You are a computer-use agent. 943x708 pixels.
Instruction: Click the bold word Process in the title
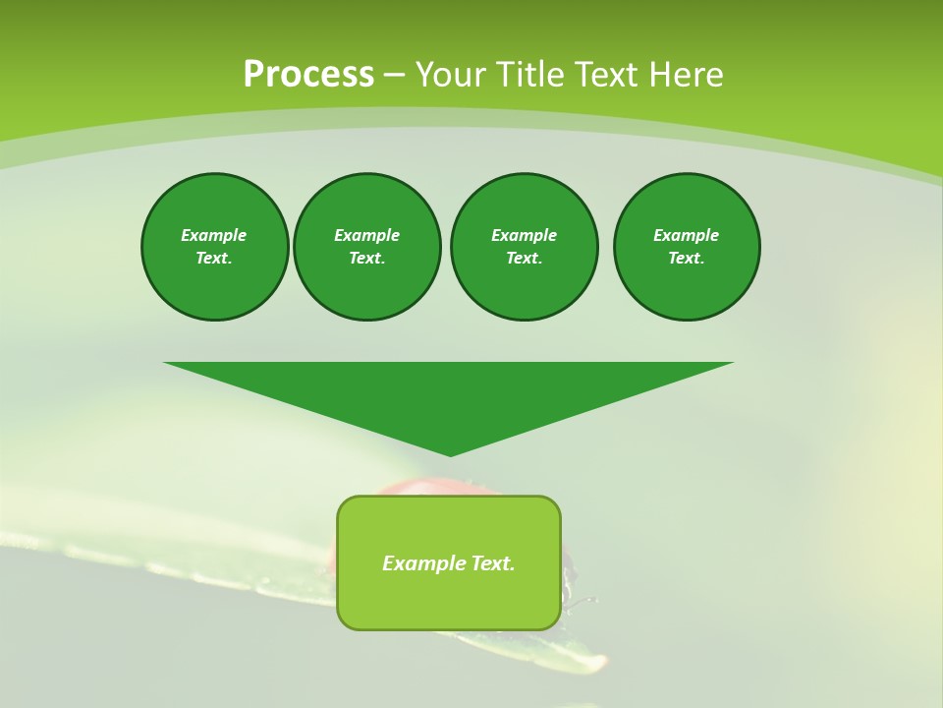[x=308, y=75]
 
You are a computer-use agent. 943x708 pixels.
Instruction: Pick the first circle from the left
[x=215, y=247]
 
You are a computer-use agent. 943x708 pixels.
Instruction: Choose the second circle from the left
[x=367, y=247]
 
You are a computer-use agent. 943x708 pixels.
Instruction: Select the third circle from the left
[x=525, y=247]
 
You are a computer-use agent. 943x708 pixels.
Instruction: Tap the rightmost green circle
[x=687, y=247]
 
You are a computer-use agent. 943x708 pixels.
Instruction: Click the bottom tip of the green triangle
[x=450, y=454]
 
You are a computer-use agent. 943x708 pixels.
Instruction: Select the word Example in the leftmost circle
[x=214, y=235]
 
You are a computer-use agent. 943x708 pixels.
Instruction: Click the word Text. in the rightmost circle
[x=687, y=258]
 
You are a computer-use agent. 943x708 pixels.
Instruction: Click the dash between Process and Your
[x=394, y=75]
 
